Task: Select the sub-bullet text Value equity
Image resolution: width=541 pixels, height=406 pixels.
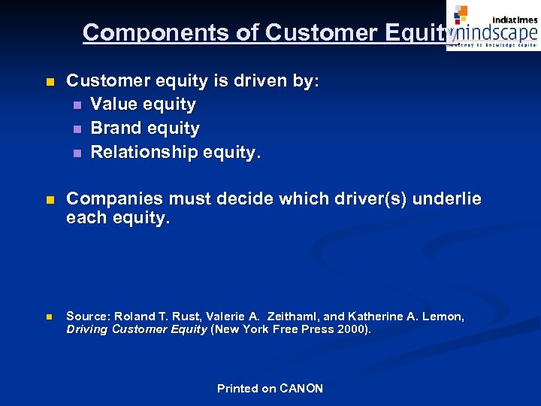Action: [143, 105]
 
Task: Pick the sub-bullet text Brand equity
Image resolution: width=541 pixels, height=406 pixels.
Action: [145, 129]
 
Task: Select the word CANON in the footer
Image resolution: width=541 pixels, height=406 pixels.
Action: [301, 389]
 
